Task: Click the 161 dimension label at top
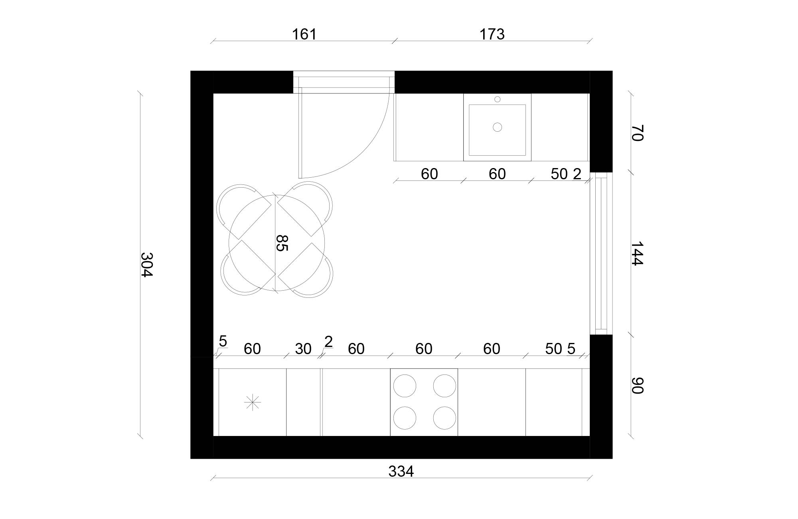pos(304,34)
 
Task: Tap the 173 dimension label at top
pos(492,34)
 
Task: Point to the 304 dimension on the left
pos(147,264)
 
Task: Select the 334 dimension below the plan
pos(401,471)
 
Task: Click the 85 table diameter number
pos(282,243)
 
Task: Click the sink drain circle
pos(497,127)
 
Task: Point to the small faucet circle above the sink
pos(497,99)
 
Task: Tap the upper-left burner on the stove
pos(405,386)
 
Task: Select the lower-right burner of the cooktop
pos(444,418)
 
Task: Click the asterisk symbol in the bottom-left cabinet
pos(252,402)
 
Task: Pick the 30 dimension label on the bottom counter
pos(303,349)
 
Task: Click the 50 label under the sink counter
pos(559,174)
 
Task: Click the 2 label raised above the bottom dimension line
pos(328,342)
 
